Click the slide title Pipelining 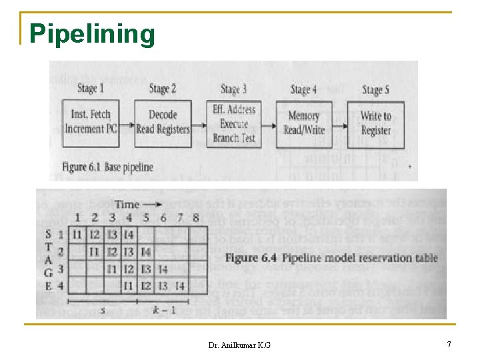93,33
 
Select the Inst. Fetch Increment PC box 91,122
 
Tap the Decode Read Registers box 163,123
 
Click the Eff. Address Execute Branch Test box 235,123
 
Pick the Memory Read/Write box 304,123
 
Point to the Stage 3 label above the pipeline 233,89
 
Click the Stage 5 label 376,90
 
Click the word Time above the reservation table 127,204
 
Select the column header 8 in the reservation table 196,218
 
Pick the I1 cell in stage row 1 77,234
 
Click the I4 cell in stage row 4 179,286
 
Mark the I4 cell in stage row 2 145,251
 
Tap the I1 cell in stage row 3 112,269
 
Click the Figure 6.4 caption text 331,257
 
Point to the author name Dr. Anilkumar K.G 239,345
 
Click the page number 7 449,344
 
